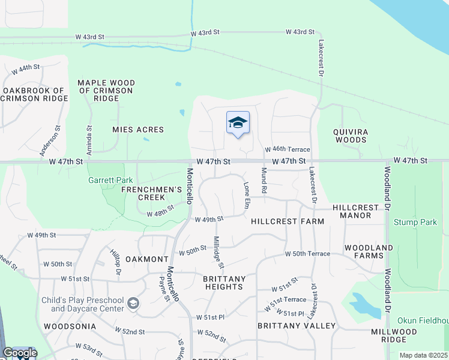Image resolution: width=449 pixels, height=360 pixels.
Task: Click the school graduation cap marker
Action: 238,122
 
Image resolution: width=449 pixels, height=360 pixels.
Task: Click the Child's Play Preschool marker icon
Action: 133,304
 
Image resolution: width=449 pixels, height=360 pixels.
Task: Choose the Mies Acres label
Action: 138,129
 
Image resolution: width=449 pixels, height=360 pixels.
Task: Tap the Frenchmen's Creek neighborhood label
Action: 151,193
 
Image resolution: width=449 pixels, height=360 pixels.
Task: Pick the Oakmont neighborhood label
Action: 147,259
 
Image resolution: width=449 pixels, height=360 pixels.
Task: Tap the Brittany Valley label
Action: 297,326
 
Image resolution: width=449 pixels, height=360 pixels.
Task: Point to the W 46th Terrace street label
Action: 288,149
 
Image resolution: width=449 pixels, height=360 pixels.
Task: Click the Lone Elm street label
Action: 246,196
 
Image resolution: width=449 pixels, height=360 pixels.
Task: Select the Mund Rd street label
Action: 263,181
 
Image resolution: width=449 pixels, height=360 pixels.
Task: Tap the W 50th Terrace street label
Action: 307,254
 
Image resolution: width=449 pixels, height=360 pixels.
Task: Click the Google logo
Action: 20,353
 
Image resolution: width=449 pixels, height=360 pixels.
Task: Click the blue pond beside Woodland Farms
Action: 364,305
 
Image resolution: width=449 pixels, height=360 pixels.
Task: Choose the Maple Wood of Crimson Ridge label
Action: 106,91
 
